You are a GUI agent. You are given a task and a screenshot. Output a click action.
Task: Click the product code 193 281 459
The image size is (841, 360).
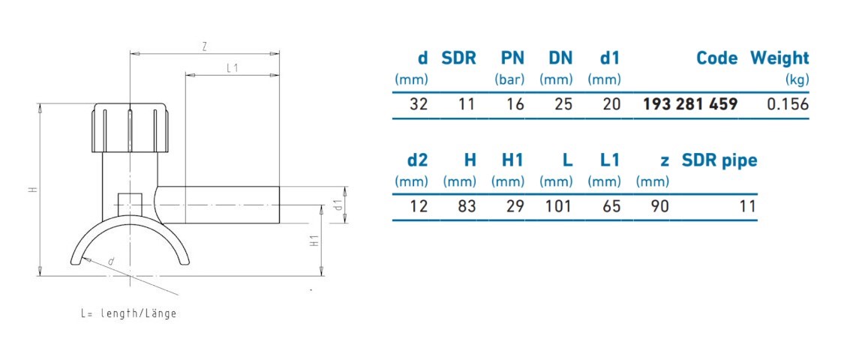click(689, 104)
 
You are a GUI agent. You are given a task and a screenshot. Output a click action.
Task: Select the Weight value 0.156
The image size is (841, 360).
click(787, 104)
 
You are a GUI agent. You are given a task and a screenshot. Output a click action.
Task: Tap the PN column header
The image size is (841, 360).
click(512, 58)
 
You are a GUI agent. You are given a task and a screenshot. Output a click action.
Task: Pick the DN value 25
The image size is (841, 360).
click(560, 104)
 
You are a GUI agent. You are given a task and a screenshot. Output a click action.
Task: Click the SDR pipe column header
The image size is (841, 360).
click(719, 160)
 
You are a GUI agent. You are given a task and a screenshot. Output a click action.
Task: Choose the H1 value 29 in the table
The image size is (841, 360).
click(515, 206)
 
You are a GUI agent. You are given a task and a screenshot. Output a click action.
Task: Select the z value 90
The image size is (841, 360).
click(659, 206)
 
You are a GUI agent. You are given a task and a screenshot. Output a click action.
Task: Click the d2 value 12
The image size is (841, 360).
click(418, 206)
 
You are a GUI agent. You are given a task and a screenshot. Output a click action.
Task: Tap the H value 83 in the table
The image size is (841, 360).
click(467, 206)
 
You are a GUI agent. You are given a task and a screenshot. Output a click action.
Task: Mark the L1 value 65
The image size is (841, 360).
click(611, 206)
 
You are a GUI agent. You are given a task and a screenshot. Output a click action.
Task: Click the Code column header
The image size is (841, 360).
click(716, 58)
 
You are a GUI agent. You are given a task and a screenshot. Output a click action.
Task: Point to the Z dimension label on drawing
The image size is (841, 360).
click(204, 46)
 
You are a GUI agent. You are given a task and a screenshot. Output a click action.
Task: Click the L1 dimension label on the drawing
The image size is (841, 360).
click(233, 68)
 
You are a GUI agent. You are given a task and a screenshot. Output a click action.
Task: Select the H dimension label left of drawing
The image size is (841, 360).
click(32, 190)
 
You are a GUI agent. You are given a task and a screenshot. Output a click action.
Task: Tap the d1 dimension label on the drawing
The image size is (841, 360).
click(338, 204)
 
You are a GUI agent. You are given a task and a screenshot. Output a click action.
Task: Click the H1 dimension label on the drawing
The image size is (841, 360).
click(315, 241)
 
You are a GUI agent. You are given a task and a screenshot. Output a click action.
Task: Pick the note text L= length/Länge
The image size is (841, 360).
click(128, 313)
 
